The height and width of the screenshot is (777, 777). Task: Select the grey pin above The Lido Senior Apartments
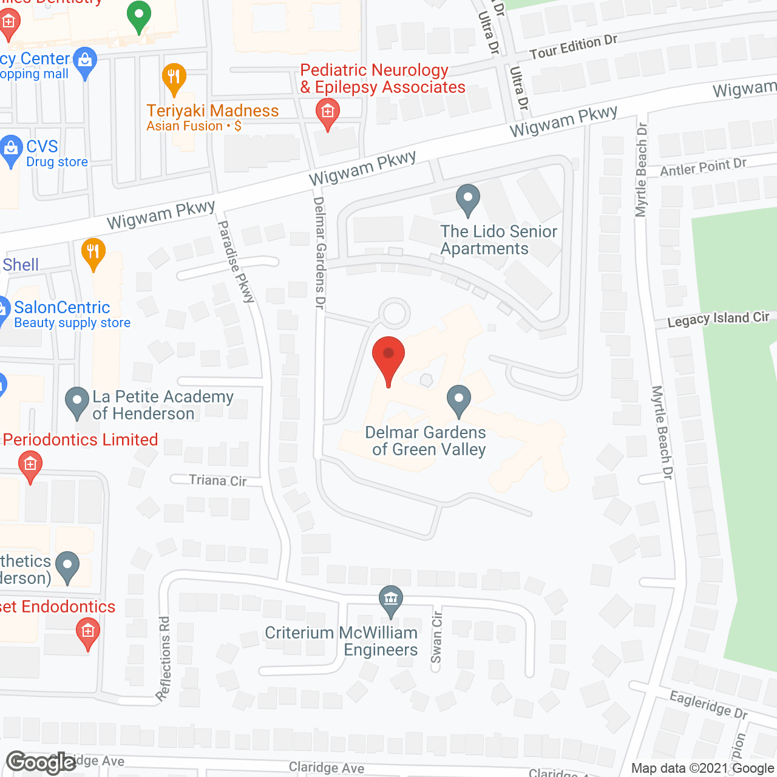(x=468, y=200)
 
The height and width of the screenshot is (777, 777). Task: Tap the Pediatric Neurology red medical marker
(x=328, y=114)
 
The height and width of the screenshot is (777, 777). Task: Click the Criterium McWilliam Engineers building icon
(x=391, y=599)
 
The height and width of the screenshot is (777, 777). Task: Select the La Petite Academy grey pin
(x=77, y=403)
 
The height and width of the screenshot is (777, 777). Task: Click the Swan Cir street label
(x=437, y=637)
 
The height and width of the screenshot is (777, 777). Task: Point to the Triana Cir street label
(x=218, y=481)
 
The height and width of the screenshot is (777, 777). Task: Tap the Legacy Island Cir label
(x=718, y=319)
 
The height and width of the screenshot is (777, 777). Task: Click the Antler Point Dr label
(x=703, y=167)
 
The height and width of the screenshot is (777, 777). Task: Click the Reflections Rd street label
(x=165, y=659)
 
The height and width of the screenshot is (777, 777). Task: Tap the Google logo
(x=41, y=762)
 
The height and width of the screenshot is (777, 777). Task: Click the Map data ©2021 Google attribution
(x=703, y=769)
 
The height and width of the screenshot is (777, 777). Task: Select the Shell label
(x=21, y=265)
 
